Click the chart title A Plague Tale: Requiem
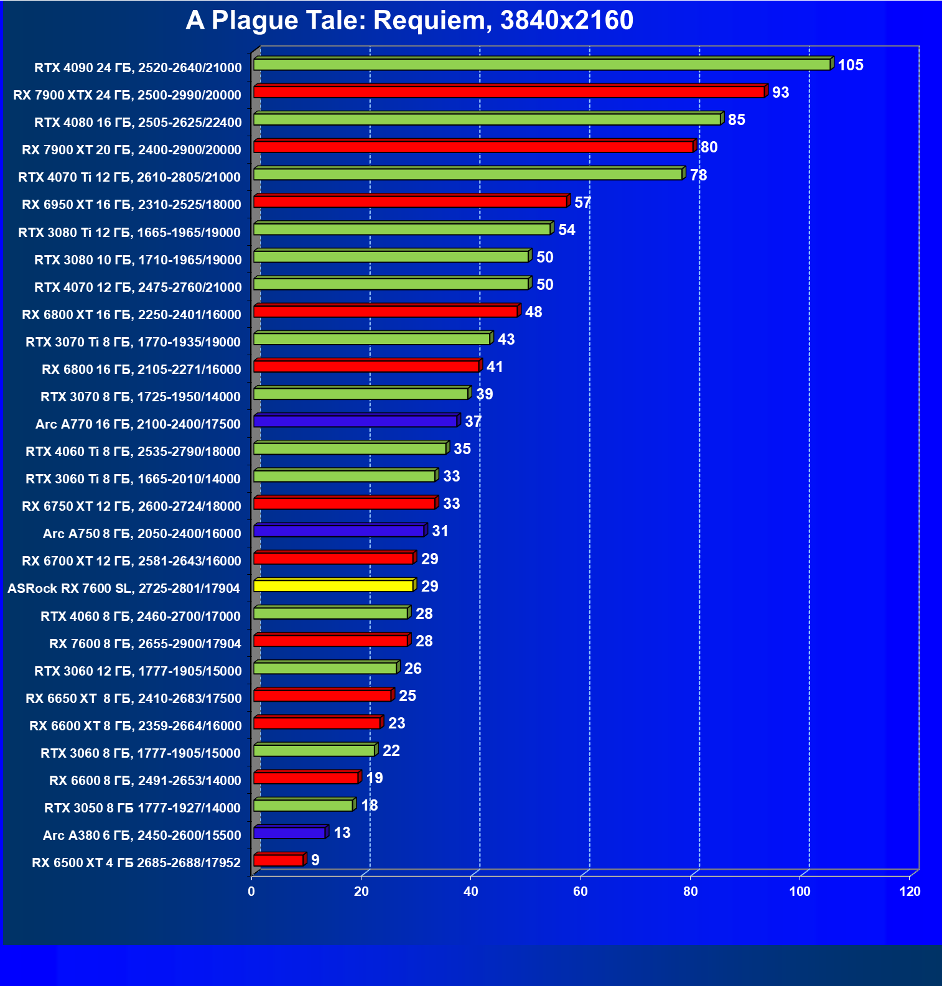[x=409, y=21]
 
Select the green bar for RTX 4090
[x=541, y=65]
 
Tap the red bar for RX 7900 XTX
[x=509, y=92]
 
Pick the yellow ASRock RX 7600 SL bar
[x=333, y=586]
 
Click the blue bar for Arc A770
[x=355, y=422]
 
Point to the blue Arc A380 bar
[x=289, y=833]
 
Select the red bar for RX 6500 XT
[x=278, y=860]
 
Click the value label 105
[x=850, y=65]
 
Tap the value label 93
[x=780, y=93]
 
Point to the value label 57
[x=582, y=203]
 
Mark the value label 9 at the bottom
[x=315, y=860]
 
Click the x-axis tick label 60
[x=581, y=891]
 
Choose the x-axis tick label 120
[x=910, y=891]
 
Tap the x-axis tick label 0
[x=251, y=891]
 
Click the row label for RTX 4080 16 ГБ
[x=138, y=123]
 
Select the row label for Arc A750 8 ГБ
[x=142, y=534]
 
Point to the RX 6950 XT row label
[x=131, y=205]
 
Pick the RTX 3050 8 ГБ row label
[x=142, y=808]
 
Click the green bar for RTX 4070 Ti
[x=468, y=174]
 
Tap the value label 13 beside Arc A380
[x=342, y=833]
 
